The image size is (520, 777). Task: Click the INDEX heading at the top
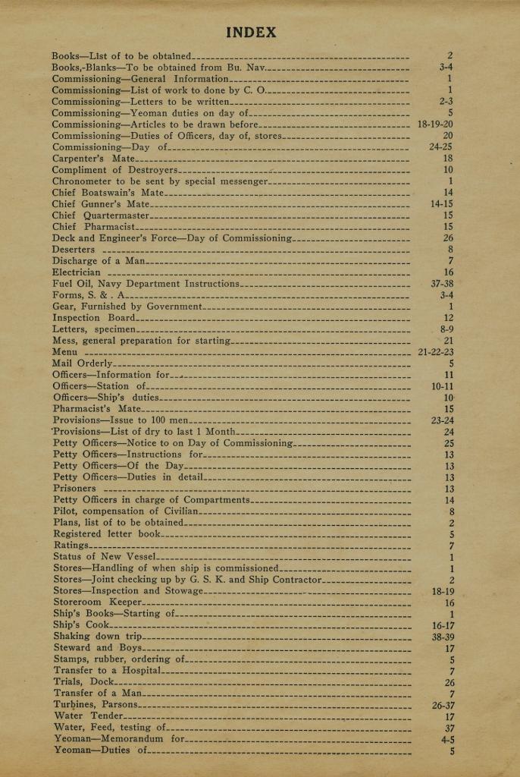tap(251, 33)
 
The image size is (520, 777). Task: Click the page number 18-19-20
tap(435, 124)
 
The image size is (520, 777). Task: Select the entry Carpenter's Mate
tap(93, 159)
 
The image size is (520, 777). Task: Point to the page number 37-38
tap(441, 284)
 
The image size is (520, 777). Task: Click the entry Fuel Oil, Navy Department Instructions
tap(146, 284)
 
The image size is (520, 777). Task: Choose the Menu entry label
tap(64, 352)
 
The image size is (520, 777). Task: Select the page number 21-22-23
tap(435, 352)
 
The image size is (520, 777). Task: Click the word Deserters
tap(74, 250)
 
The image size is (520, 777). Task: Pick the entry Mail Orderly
tap(82, 363)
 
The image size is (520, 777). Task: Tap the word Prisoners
tap(75, 489)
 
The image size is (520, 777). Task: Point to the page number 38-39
tap(442, 637)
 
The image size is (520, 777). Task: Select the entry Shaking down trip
tap(98, 637)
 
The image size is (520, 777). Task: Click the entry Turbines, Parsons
tap(96, 705)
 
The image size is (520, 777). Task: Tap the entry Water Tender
tap(87, 716)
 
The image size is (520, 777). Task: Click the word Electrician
tap(76, 272)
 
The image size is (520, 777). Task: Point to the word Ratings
tap(70, 546)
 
